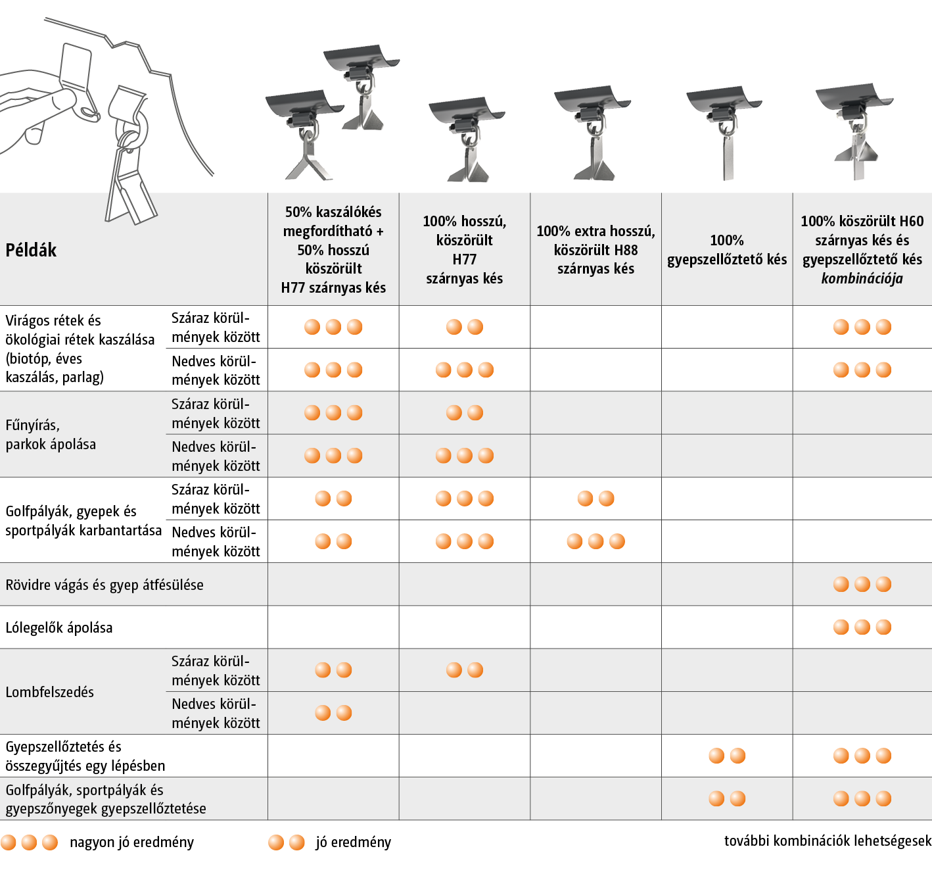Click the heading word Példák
tap(31, 250)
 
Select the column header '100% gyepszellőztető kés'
tap(727, 250)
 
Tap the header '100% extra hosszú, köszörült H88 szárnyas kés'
tap(595, 250)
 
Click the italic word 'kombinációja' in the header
tap(862, 279)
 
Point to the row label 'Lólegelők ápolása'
tap(59, 627)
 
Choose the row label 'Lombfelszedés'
tap(50, 692)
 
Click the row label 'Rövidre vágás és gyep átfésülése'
tap(105, 585)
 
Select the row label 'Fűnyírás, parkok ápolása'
tap(51, 435)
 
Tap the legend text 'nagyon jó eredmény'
tap(132, 842)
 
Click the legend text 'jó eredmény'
tap(354, 842)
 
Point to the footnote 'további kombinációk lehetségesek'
tap(827, 841)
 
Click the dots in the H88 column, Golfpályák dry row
tap(595, 499)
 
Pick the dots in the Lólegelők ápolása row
tap(862, 627)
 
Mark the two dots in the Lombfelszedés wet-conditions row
tap(333, 713)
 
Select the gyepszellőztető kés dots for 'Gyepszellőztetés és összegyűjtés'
tap(727, 756)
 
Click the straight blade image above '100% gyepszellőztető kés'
tap(728, 157)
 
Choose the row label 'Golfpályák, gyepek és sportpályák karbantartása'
tap(83, 520)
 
